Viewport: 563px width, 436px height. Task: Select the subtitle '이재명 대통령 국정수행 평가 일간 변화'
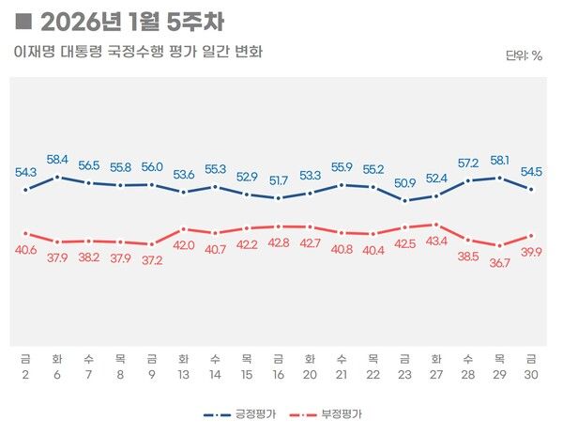click(x=138, y=52)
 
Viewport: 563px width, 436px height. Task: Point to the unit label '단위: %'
click(x=524, y=55)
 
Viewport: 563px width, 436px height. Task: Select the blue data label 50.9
click(x=404, y=182)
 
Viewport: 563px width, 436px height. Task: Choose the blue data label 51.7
click(x=278, y=179)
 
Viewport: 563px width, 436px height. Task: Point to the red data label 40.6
click(x=26, y=250)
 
